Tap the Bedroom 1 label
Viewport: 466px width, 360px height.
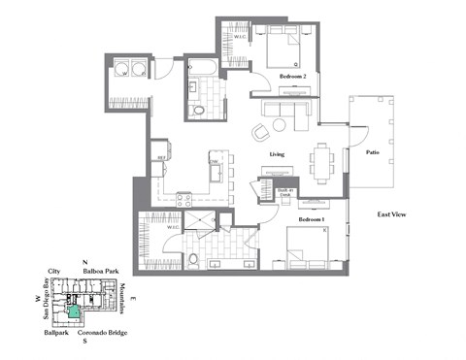point(311,220)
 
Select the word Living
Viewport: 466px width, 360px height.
point(282,154)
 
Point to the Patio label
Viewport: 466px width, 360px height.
point(371,152)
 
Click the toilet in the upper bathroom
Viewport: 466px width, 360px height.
point(199,112)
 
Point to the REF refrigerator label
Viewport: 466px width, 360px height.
point(161,157)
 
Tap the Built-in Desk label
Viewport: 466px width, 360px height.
point(284,192)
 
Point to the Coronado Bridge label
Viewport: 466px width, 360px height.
point(100,333)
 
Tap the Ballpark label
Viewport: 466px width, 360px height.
point(56,333)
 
